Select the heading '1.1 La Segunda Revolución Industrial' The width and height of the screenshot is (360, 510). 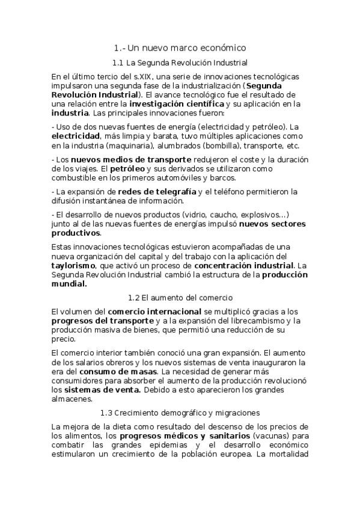[x=180, y=63]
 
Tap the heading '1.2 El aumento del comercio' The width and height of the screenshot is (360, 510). [x=180, y=298]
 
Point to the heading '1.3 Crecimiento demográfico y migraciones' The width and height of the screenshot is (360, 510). [x=180, y=413]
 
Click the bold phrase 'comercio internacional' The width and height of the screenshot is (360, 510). [x=154, y=312]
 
